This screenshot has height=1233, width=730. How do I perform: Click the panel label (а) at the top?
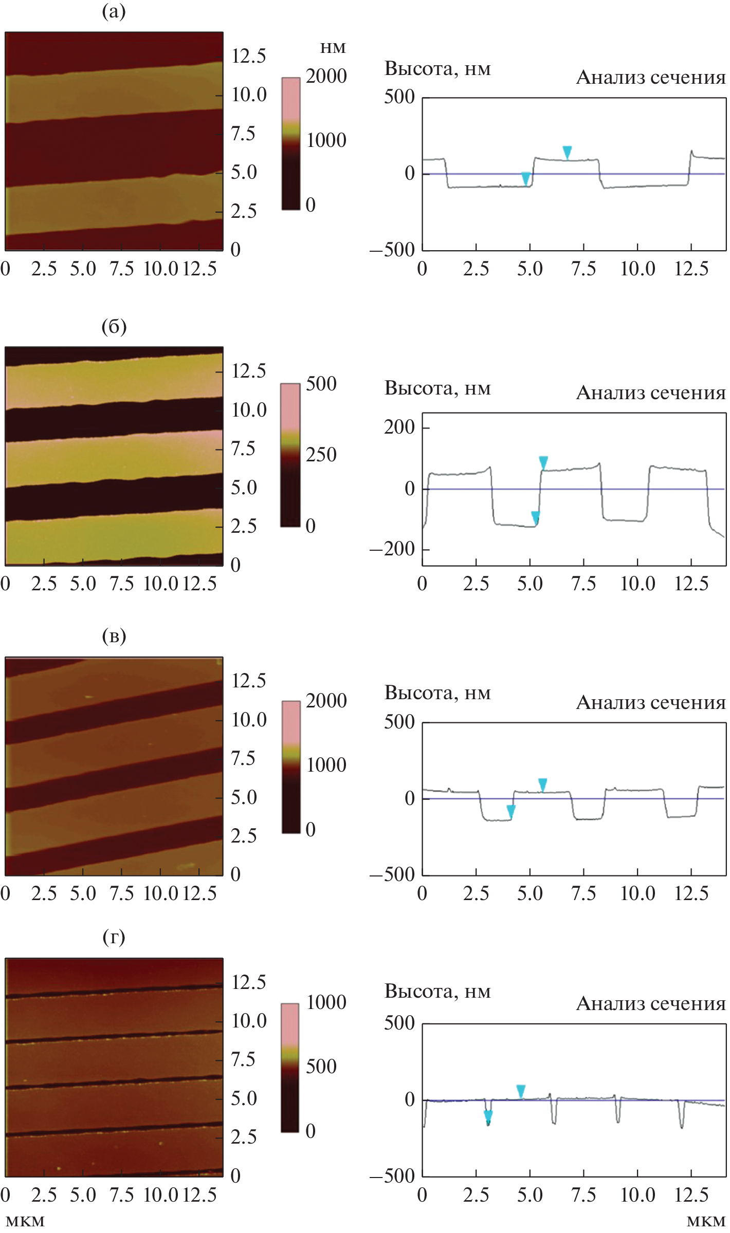pos(114,11)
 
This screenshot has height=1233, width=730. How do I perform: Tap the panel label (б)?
pos(114,326)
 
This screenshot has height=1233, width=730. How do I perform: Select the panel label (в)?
pos(114,636)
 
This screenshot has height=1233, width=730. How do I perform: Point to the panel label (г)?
pos(114,937)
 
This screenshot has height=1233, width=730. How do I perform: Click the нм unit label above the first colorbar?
pos(333,48)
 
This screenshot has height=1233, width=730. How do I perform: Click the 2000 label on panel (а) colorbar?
pos(326,76)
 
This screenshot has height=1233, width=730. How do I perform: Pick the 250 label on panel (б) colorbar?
pos(321,455)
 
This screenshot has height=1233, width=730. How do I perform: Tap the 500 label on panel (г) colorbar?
pos(321,1066)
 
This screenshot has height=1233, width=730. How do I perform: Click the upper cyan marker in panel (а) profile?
pos(567,152)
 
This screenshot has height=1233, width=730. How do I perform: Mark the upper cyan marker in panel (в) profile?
pos(542,784)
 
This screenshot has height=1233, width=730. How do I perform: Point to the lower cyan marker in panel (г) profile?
pos(488,1116)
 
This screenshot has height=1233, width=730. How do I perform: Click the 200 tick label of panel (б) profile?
pos(399,427)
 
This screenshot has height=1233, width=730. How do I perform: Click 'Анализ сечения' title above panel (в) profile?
pos(650,702)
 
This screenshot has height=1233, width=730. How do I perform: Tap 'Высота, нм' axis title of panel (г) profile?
pos(437,991)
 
